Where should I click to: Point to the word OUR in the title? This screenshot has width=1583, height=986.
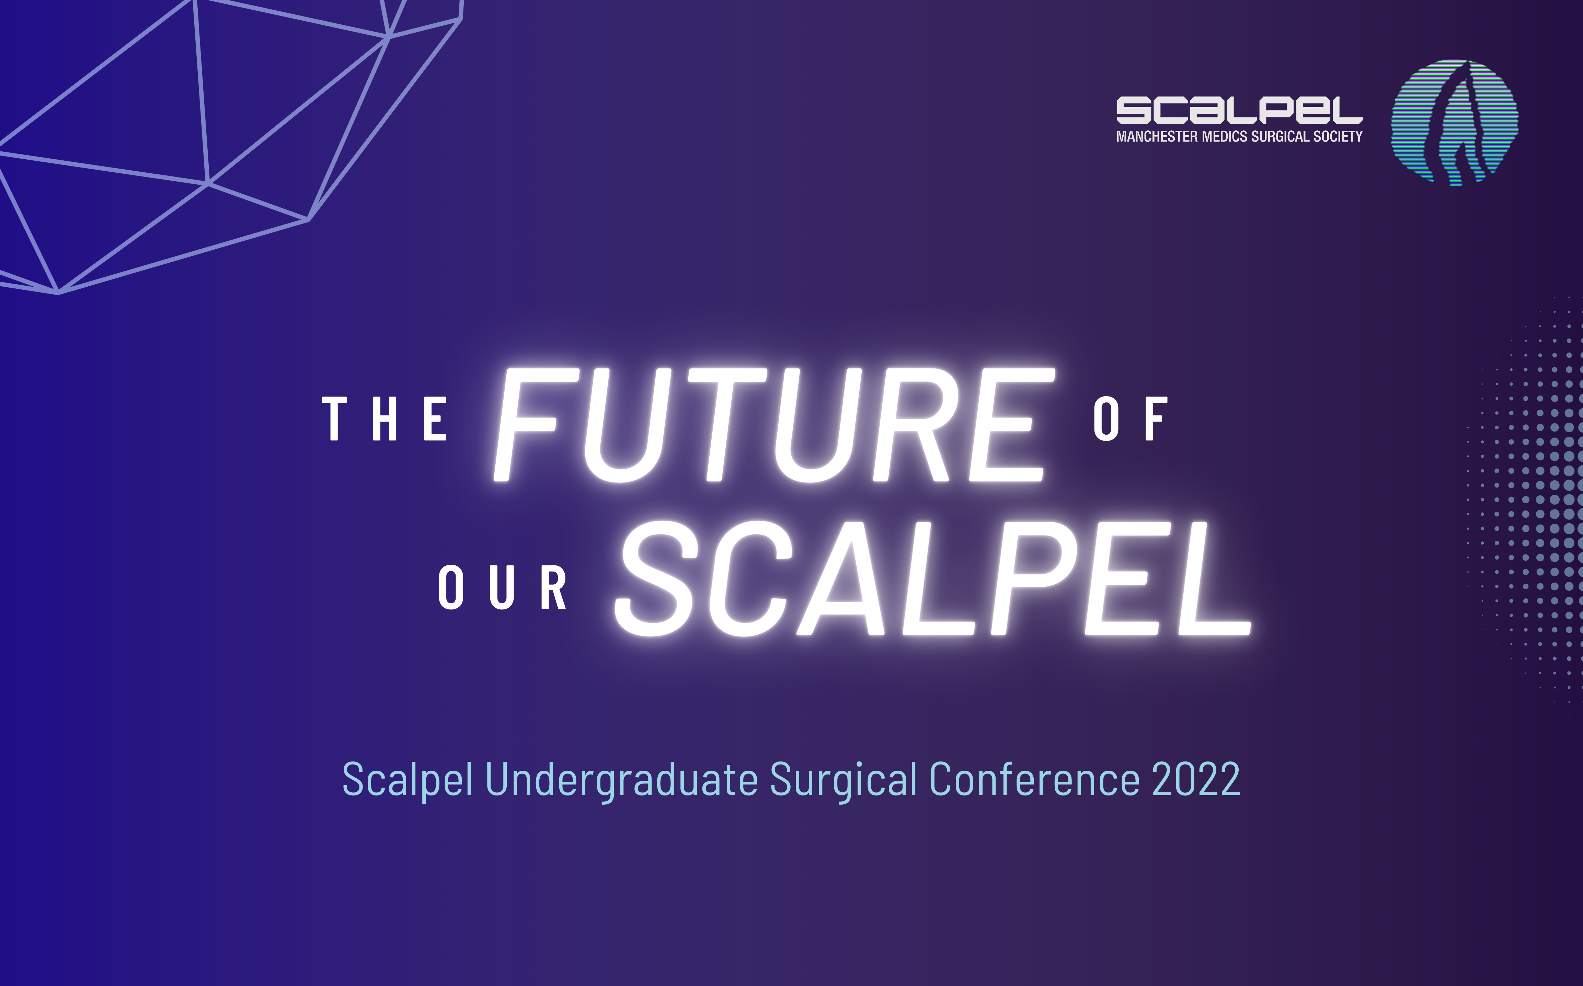pos(502,587)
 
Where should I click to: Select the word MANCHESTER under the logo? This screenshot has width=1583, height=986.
pos(1157,136)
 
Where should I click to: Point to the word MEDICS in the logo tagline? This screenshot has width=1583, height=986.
pos(1225,136)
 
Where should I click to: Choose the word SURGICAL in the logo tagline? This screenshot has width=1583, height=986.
pos(1281,136)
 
